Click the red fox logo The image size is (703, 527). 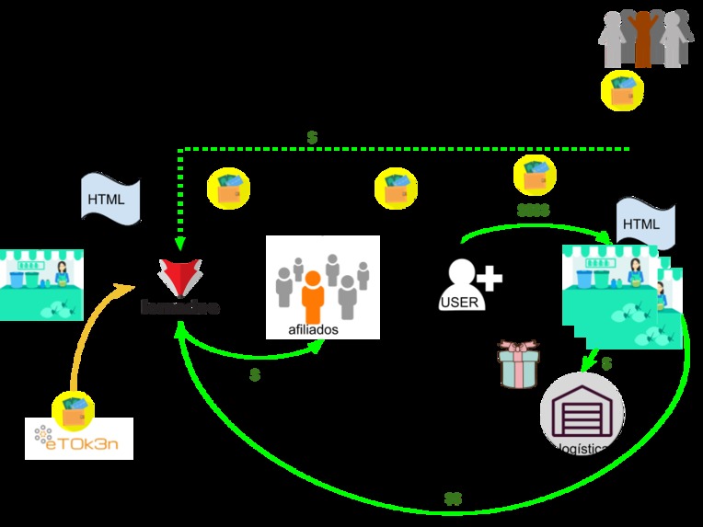click(180, 276)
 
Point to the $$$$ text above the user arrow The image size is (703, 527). click(533, 211)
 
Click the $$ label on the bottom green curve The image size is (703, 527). click(453, 499)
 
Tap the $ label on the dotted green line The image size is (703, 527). click(313, 137)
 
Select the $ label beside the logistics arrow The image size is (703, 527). click(606, 364)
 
